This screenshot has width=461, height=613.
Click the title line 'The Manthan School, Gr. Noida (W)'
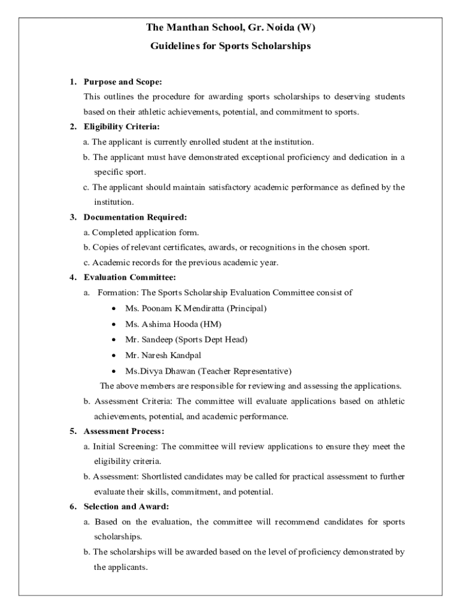[230, 28]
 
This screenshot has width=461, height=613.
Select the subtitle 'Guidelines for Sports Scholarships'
[230, 46]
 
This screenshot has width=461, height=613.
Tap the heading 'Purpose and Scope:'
[123, 81]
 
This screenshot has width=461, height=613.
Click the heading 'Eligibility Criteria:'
[122, 127]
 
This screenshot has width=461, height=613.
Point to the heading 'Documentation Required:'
[135, 217]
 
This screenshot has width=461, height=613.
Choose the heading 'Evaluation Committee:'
[130, 278]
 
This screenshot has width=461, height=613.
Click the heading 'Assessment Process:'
[124, 431]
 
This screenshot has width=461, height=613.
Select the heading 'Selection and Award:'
[126, 506]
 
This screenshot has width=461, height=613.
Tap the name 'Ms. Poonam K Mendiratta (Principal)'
[196, 308]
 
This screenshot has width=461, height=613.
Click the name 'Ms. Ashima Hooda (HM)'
[173, 324]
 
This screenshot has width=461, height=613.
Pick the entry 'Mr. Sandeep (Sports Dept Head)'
[186, 339]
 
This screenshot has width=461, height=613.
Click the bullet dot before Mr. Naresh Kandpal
[114, 355]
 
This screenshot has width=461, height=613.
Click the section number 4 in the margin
[72, 278]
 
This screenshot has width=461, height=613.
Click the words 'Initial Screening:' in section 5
[126, 447]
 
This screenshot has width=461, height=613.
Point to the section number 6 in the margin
[72, 506]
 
